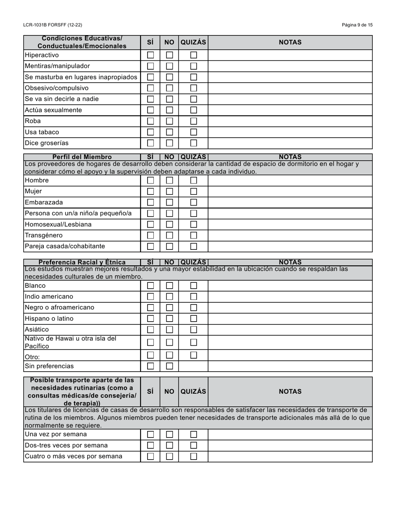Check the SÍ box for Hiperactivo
pyautogui.click(x=150, y=55)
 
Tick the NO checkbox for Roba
pyautogui.click(x=169, y=121)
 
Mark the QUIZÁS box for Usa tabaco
pyautogui.click(x=193, y=132)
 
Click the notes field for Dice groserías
pyautogui.click(x=290, y=143)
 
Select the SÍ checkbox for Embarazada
pyautogui.click(x=150, y=202)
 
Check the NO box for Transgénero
pyautogui.click(x=169, y=235)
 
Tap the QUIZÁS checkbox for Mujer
pyautogui.click(x=193, y=191)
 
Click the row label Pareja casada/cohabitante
pyautogui.click(x=65, y=246)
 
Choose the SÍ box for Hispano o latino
pyautogui.click(x=150, y=319)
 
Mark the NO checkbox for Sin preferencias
pyautogui.click(x=169, y=366)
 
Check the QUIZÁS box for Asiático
pyautogui.click(x=193, y=329)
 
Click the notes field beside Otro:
pyautogui.click(x=290, y=355)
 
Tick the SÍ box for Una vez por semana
pyautogui.click(x=150, y=435)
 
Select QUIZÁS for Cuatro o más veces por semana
pyautogui.click(x=193, y=456)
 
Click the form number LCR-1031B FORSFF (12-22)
pyautogui.click(x=53, y=25)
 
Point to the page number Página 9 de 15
pyautogui.click(x=357, y=25)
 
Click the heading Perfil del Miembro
pyautogui.click(x=82, y=157)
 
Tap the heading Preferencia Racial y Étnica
pyautogui.click(x=82, y=262)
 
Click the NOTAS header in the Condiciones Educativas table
pyautogui.click(x=290, y=42)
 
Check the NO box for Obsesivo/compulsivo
pyautogui.click(x=169, y=88)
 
